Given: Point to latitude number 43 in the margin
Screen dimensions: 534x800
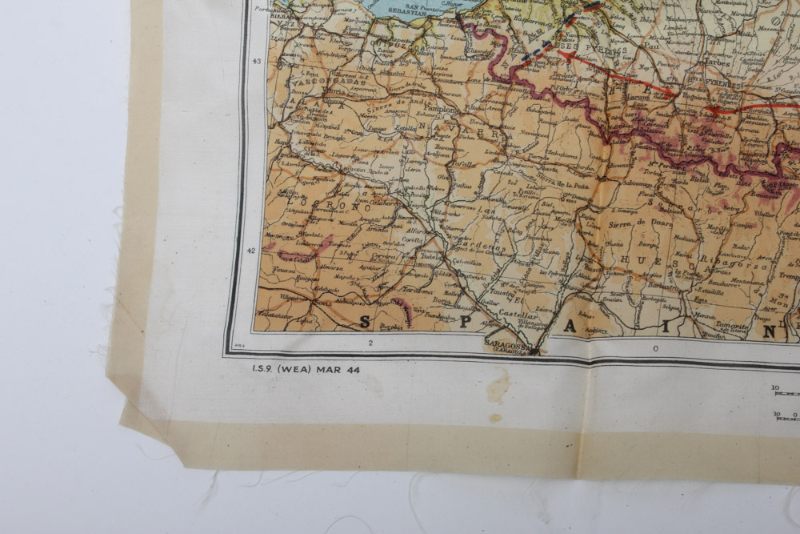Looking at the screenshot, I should (256, 62).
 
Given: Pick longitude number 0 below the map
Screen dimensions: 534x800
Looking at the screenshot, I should (656, 347).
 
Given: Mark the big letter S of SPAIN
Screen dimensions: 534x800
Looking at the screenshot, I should (366, 323).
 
